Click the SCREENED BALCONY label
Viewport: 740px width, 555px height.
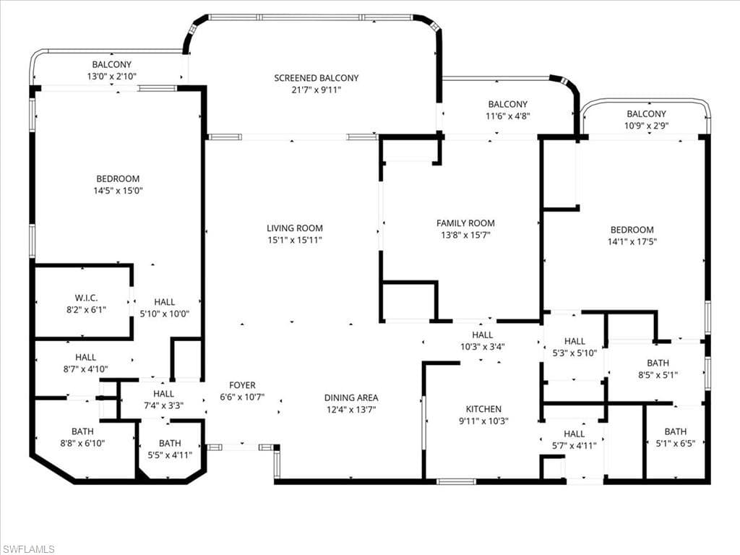point(316,78)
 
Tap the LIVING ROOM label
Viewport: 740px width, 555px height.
point(294,228)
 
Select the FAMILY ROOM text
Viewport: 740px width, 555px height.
point(465,223)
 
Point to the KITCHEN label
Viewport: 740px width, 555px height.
point(483,409)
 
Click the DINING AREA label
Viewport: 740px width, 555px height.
point(350,397)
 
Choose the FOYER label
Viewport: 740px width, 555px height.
point(242,385)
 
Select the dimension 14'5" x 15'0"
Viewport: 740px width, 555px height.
point(118,191)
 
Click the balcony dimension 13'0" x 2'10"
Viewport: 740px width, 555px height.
point(112,76)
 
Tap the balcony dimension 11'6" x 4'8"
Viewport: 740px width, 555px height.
point(507,116)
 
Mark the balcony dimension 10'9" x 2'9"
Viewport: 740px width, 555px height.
point(646,126)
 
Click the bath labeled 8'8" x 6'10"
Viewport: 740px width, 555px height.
point(82,438)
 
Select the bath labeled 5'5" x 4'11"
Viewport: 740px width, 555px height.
point(170,449)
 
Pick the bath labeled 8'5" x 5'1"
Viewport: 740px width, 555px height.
point(658,369)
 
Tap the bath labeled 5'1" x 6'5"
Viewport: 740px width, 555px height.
point(676,438)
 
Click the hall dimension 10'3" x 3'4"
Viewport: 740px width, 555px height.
point(482,346)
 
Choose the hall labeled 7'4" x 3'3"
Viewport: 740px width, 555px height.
point(163,400)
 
